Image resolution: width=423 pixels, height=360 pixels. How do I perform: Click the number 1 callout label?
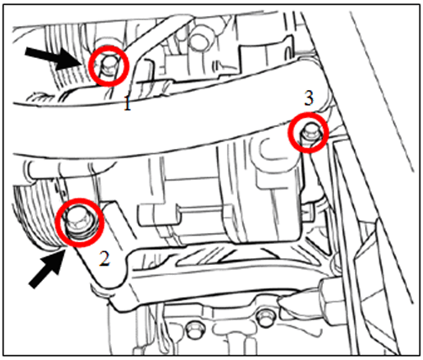click(128, 104)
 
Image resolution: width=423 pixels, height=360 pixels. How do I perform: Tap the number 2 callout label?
click(104, 258)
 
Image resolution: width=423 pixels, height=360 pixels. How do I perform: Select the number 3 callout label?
click(309, 98)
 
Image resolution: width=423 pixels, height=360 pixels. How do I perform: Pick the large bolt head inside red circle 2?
click(78, 221)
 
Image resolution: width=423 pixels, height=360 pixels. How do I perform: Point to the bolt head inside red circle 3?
click(309, 131)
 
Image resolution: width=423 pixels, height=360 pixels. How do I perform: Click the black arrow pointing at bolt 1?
click(54, 58)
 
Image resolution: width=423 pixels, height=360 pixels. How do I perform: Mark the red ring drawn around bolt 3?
click(309, 114)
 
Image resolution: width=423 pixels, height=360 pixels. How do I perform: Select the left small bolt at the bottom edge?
click(193, 329)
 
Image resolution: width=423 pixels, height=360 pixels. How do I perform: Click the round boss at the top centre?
click(199, 40)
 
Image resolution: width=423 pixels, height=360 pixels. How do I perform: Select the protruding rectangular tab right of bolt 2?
click(159, 214)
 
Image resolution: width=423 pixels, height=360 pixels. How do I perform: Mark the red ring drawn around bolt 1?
click(108, 46)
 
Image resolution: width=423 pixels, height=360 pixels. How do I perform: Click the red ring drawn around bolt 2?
click(80, 199)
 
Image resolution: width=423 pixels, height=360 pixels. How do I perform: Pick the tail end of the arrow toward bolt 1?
click(26, 52)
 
